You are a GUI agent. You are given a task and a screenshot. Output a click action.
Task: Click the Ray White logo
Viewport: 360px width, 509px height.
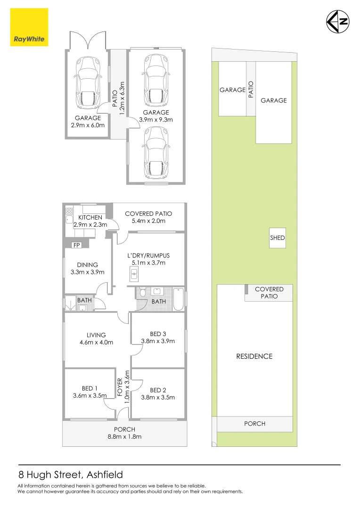pos(29,27)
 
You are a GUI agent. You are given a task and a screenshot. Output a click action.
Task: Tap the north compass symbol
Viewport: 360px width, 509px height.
pos(338,21)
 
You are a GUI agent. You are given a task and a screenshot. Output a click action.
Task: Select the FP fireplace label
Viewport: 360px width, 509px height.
pos(76,246)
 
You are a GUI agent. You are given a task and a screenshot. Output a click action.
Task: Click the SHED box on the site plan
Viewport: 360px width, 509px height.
pos(278,238)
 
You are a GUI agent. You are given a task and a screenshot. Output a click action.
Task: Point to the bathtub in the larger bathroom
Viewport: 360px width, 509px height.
pos(179,299)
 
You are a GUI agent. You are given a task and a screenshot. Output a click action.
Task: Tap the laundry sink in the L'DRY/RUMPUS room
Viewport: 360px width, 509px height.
pos(134,273)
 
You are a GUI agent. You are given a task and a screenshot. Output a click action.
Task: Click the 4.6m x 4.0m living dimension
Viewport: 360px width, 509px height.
pos(97,343)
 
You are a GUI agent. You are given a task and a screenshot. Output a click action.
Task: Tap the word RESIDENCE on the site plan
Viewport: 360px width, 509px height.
pos(254,356)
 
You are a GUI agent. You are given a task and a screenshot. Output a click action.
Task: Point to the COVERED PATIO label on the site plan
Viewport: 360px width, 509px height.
pos(269,293)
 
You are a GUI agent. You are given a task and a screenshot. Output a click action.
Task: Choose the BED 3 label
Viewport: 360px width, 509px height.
pos(158,334)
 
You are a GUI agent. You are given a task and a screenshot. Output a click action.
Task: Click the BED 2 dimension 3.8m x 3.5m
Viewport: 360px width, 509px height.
pos(158,397)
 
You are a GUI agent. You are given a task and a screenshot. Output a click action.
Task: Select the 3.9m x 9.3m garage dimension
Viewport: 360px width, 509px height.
pos(156,120)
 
